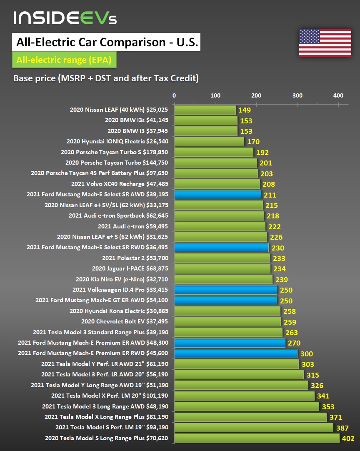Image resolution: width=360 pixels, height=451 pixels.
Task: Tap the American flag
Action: pyautogui.click(x=325, y=43)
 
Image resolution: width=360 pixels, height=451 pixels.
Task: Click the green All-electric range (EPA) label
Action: pyautogui.click(x=64, y=60)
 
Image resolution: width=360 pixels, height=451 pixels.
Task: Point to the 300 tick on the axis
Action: pyautogui.click(x=297, y=95)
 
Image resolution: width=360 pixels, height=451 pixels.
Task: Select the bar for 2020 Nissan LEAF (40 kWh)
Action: pyautogui.click(x=205, y=110)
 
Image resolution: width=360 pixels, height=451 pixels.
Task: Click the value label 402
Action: pyautogui.click(x=347, y=438)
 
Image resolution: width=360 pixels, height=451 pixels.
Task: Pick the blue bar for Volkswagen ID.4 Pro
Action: pyautogui.click(x=225, y=290)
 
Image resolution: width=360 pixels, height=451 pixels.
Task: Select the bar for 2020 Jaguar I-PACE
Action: pyautogui.click(x=222, y=269)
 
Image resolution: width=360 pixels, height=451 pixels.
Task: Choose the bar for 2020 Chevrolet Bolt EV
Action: pyautogui.click(x=227, y=322)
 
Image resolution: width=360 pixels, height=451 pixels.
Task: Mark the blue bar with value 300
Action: pyautogui.click(x=235, y=353)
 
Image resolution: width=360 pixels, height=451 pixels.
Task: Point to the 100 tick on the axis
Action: pyautogui.click(x=215, y=95)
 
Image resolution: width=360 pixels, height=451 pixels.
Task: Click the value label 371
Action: pyautogui.click(x=335, y=417)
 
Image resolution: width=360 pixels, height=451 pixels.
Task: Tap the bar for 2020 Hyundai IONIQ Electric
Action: pyautogui.click(x=209, y=142)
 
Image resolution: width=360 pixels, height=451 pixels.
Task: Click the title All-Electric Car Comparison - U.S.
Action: pyautogui.click(x=107, y=43)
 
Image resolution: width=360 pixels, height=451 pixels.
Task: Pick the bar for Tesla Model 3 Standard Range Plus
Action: pyautogui.click(x=228, y=332)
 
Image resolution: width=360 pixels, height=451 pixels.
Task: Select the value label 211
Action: pyautogui.click(x=270, y=195)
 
